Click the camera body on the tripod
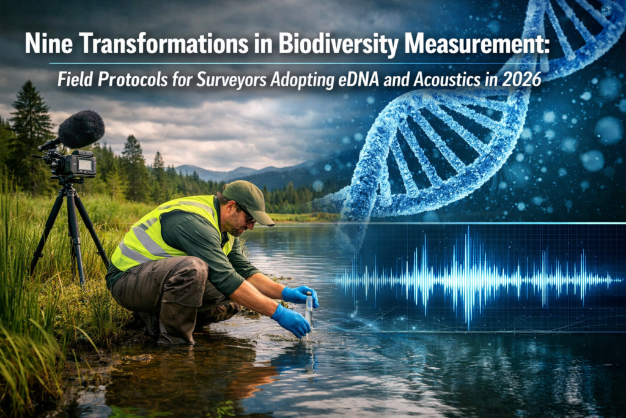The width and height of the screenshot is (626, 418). tap(73, 164)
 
